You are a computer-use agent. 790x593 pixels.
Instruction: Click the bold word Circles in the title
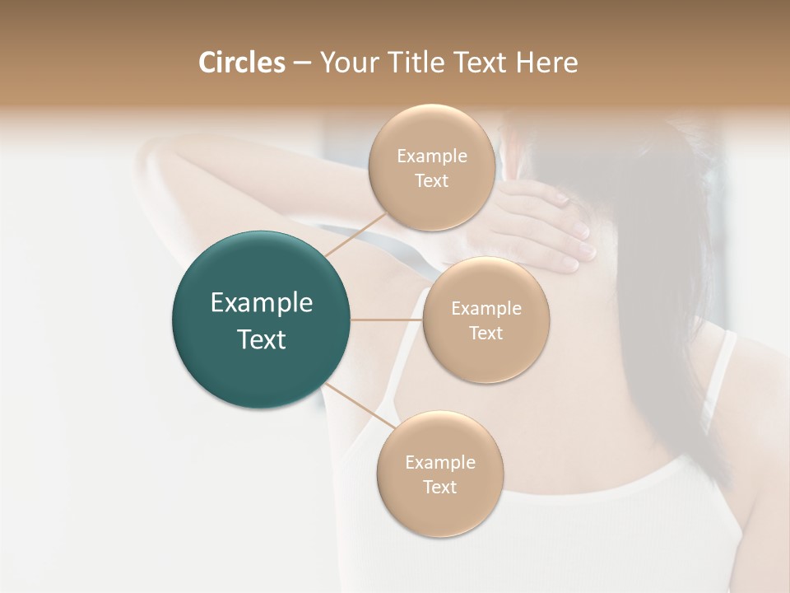click(242, 63)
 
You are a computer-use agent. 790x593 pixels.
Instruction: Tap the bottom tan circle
click(440, 511)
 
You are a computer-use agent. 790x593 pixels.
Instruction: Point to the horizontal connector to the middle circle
click(387, 320)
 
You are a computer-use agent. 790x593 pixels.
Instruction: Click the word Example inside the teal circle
click(262, 303)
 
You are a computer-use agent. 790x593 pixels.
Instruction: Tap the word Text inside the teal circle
click(262, 339)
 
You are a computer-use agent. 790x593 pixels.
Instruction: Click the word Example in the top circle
click(432, 156)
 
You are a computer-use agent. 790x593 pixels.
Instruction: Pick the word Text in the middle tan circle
click(486, 333)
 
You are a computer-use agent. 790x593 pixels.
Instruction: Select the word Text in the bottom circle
click(440, 487)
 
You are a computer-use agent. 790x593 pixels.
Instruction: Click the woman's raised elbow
click(156, 152)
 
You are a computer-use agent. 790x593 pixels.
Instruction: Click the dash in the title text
click(302, 63)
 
